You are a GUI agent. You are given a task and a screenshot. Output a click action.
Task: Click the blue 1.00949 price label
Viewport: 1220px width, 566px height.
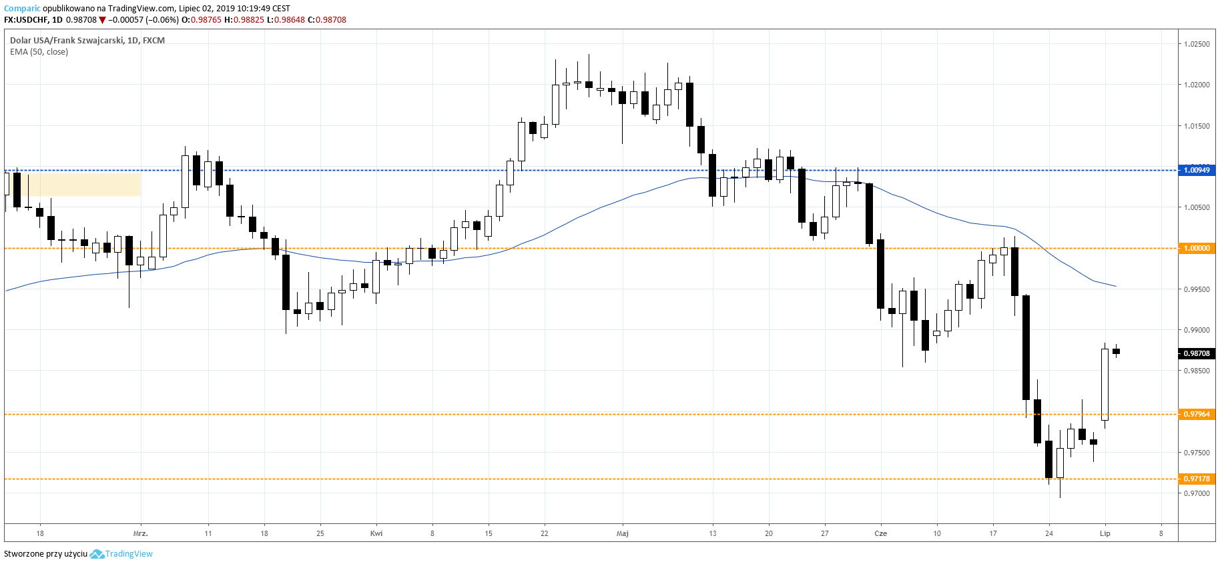[x=1197, y=170]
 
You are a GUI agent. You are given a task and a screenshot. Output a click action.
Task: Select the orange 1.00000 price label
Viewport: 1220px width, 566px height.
[x=1197, y=248]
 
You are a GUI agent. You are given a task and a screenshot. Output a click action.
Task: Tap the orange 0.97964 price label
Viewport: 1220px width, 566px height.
[x=1197, y=414]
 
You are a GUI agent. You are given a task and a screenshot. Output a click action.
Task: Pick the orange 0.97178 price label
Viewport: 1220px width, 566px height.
[x=1197, y=479]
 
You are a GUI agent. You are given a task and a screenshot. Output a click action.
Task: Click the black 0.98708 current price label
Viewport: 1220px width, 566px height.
[x=1197, y=353]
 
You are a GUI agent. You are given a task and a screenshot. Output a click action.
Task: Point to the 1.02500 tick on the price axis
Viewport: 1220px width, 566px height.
[x=1197, y=44]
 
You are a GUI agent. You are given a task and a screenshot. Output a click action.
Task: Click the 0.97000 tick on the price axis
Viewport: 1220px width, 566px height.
[x=1197, y=493]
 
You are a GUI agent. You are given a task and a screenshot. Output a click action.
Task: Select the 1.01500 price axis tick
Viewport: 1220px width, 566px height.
[x=1197, y=126]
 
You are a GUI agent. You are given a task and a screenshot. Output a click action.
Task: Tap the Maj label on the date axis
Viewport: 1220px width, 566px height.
[x=623, y=533]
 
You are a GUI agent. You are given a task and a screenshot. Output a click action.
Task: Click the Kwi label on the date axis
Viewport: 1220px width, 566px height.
[x=376, y=533]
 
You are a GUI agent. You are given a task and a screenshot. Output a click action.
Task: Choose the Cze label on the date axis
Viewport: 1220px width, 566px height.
[x=881, y=533]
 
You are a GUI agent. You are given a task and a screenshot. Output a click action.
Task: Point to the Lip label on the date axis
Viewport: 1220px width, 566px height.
[x=1105, y=533]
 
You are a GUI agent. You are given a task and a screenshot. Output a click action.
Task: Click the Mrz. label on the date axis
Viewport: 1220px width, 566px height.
[x=140, y=533]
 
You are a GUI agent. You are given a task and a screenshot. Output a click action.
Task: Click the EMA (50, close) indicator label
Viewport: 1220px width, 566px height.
[x=39, y=52]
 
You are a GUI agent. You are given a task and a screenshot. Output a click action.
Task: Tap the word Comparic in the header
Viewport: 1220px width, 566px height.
[x=22, y=9]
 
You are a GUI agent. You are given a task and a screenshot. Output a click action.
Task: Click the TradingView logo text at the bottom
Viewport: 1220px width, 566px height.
[x=129, y=554]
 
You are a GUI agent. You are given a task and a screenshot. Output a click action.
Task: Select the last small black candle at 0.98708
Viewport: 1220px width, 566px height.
[x=1116, y=351]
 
